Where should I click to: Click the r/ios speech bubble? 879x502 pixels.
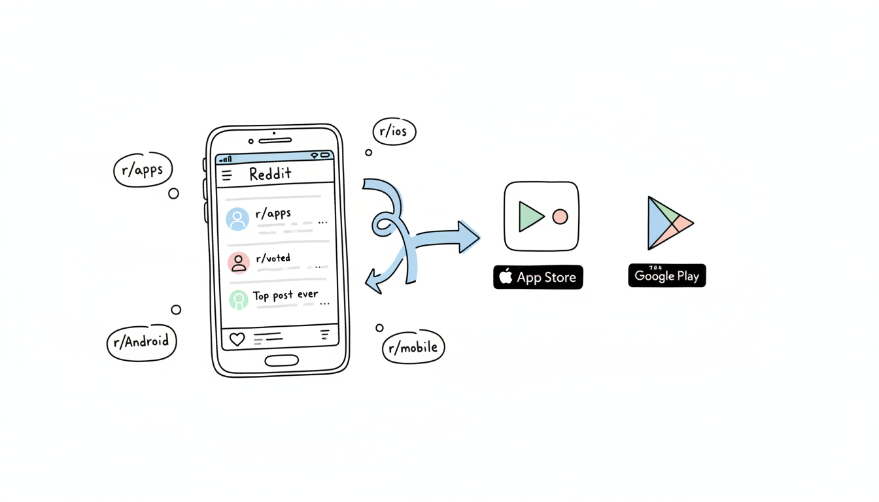point(394,131)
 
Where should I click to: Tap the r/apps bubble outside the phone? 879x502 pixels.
point(143,170)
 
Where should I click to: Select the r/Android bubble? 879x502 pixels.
point(141,342)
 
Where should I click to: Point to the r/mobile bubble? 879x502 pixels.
point(413,347)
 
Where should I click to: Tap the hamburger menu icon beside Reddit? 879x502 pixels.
point(227,175)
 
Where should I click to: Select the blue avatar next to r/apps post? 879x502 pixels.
point(237,219)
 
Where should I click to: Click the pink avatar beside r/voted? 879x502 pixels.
point(239,262)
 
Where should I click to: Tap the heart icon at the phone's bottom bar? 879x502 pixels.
point(237,339)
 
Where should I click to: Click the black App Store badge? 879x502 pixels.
point(538,277)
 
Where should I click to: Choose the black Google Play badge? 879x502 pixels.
point(667,276)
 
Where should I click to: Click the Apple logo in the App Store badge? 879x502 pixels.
point(506,276)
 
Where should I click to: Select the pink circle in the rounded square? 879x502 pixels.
point(560,217)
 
